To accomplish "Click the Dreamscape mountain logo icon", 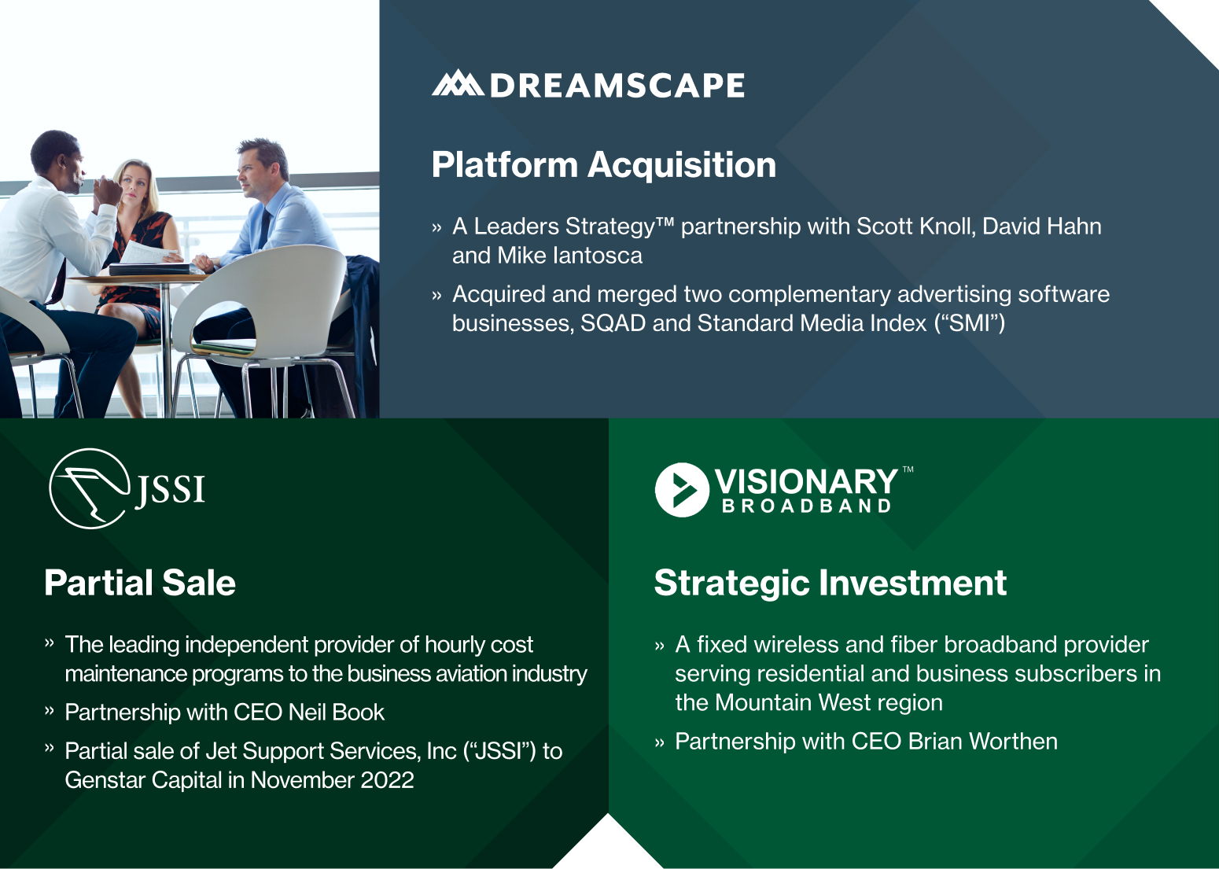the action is click(x=458, y=83).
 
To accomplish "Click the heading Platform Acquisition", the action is click(x=603, y=165).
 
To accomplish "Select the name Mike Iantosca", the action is click(x=569, y=256).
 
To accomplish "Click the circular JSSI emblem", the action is click(x=90, y=488).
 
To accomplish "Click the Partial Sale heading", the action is click(x=140, y=583).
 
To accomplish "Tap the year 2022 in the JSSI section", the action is click(x=387, y=780).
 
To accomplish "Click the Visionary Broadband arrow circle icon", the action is click(x=682, y=490).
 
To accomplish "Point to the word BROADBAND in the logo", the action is click(x=806, y=506).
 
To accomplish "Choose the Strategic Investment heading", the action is click(x=830, y=583).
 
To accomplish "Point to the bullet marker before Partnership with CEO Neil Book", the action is click(x=50, y=712).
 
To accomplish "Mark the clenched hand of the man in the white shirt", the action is click(x=109, y=190).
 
